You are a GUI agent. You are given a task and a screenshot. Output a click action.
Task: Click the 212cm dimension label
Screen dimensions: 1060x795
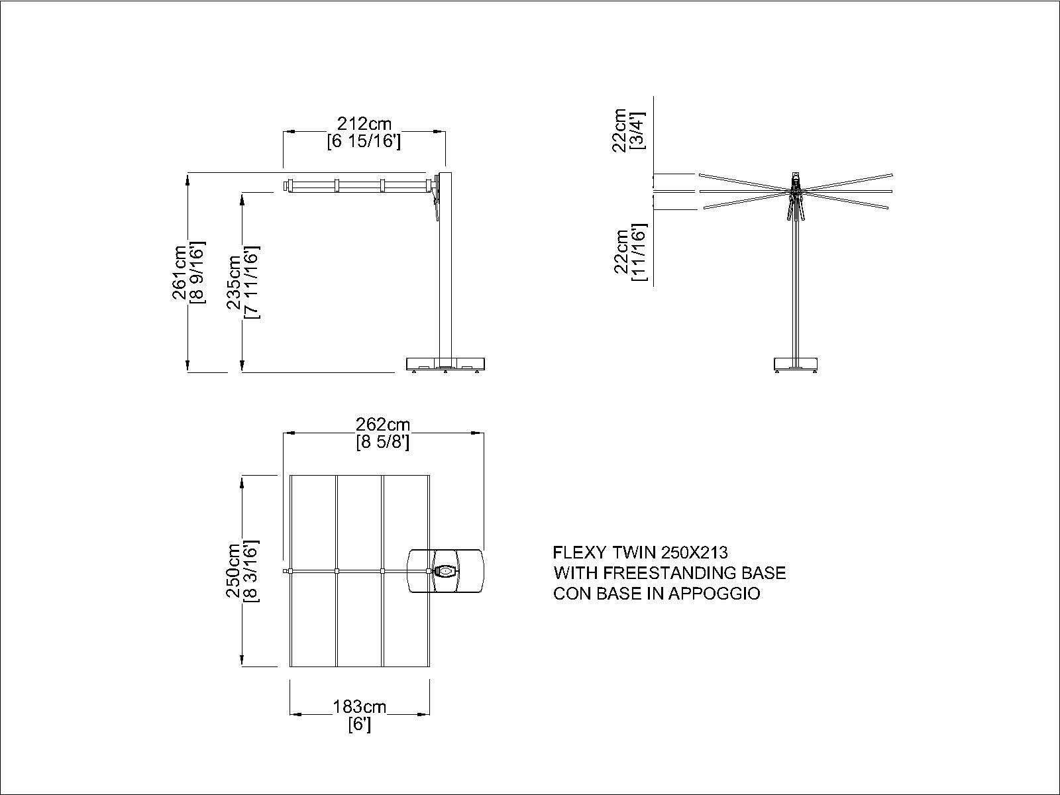tap(364, 124)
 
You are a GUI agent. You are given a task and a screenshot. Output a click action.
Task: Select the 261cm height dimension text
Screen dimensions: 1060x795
tap(180, 273)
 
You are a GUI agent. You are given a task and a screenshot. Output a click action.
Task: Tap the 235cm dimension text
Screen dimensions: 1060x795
tap(235, 282)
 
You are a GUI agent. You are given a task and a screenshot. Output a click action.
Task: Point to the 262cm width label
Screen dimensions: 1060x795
tap(382, 424)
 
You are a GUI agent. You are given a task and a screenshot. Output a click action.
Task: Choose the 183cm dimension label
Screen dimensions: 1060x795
tap(359, 707)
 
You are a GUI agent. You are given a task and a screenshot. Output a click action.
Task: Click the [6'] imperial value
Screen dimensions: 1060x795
tap(360, 725)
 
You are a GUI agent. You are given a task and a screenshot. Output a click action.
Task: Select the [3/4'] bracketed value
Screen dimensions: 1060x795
tap(637, 129)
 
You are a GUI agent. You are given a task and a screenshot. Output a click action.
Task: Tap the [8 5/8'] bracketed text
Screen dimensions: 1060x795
tap(382, 442)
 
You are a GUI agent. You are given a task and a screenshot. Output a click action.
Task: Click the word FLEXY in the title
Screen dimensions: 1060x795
tap(580, 552)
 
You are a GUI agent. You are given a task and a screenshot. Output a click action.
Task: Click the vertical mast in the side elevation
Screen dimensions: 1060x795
tap(445, 265)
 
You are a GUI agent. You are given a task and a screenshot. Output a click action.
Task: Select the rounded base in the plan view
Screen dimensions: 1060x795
tap(445, 571)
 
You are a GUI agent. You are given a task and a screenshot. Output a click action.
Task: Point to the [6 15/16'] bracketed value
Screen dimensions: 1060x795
tap(364, 142)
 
